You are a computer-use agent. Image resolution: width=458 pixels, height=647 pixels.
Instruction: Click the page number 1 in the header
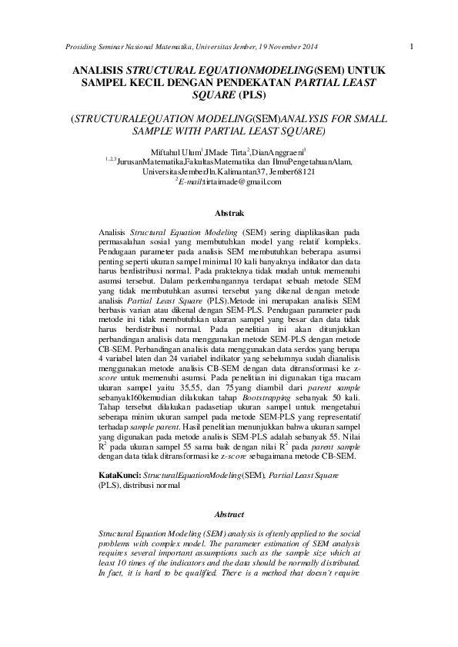click(413, 46)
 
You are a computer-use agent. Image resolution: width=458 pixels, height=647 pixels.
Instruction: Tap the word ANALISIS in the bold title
click(98, 70)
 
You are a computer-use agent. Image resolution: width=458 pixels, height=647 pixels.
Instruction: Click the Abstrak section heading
click(229, 211)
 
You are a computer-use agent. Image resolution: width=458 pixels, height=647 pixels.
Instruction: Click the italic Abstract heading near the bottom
click(229, 514)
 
